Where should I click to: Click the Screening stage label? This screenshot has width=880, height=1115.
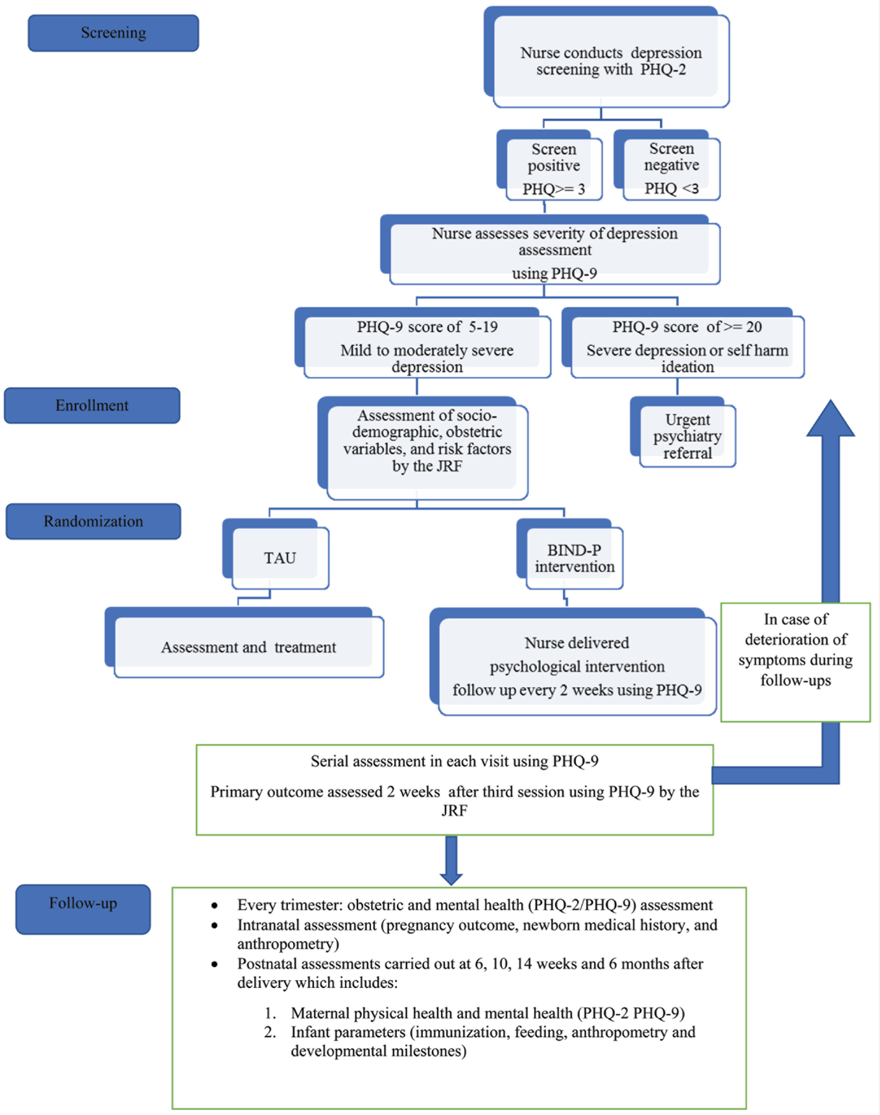[x=113, y=33]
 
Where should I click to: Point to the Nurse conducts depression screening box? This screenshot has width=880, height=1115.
[x=606, y=57]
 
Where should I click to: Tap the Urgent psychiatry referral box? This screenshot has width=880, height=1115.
[x=683, y=432]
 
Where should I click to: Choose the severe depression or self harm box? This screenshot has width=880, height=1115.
[x=683, y=343]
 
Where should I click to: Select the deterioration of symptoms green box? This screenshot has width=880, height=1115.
[x=795, y=662]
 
